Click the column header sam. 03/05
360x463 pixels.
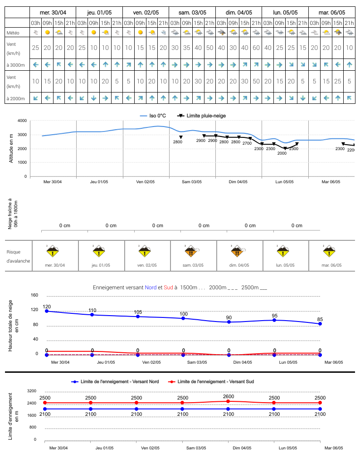[x=192, y=13]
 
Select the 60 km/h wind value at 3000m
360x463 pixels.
[x=256, y=48]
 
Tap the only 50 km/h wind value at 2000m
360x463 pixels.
[x=256, y=81]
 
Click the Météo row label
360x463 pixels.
[x=13, y=33]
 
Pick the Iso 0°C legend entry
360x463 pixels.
[x=153, y=116]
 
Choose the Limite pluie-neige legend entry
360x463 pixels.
[x=201, y=116]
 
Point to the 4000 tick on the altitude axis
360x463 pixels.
[x=22, y=121]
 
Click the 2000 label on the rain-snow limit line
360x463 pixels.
[x=282, y=153]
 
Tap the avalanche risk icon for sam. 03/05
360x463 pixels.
[x=191, y=251]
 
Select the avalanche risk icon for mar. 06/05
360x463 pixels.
[x=329, y=251]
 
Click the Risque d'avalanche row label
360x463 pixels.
[x=18, y=256]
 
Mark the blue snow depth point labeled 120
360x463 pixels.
[x=47, y=311]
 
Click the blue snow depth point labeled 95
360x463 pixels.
[x=274, y=320]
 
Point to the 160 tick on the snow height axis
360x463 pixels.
[x=34, y=295]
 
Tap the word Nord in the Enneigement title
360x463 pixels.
[x=151, y=288]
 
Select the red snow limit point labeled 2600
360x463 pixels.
[x=228, y=401]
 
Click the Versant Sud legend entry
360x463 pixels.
[x=211, y=381]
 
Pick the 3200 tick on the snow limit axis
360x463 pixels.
[x=32, y=390]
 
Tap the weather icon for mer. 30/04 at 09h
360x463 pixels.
[x=47, y=33]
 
